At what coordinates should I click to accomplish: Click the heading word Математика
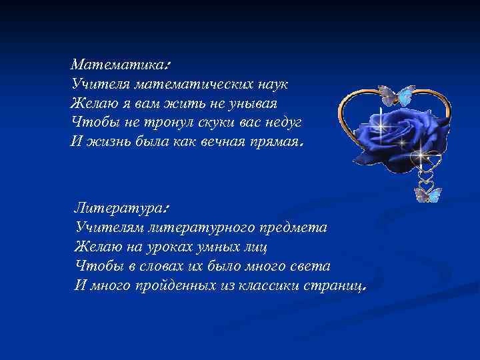click(118, 65)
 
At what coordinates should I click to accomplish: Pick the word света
click(309, 266)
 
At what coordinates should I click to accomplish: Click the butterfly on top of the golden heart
click(395, 95)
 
